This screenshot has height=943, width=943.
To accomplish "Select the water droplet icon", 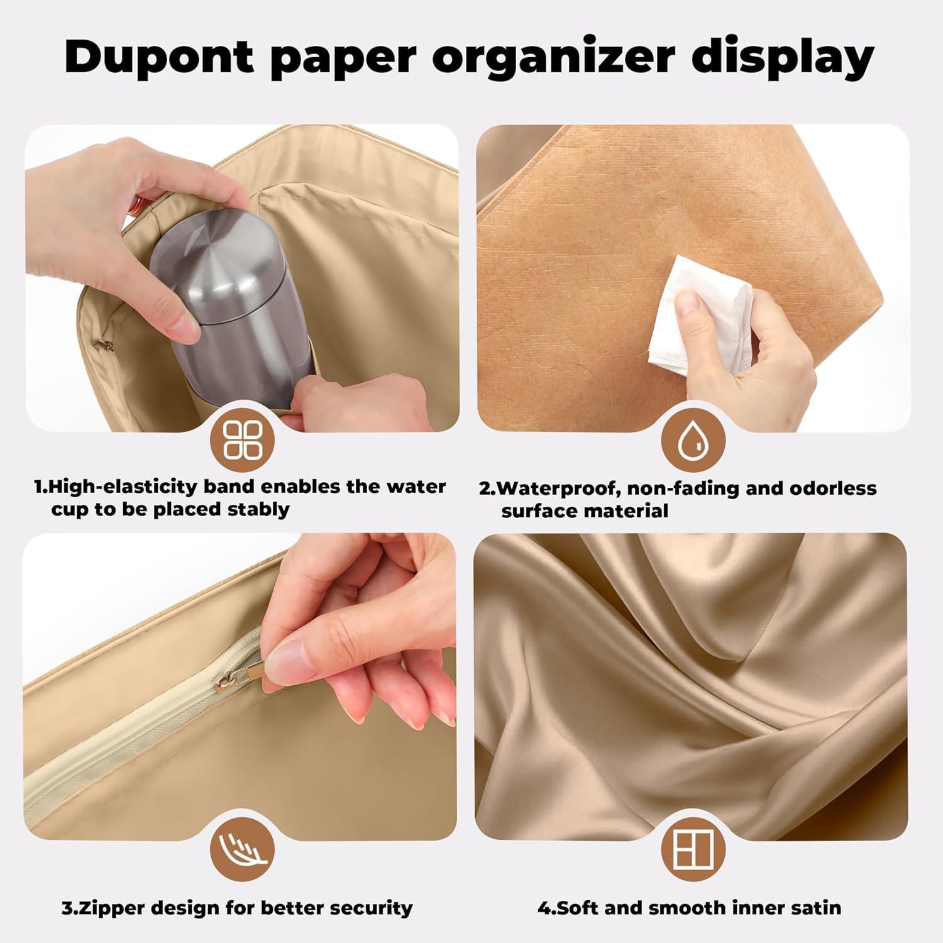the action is point(693,439).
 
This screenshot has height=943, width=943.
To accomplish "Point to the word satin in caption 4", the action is point(812,908).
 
